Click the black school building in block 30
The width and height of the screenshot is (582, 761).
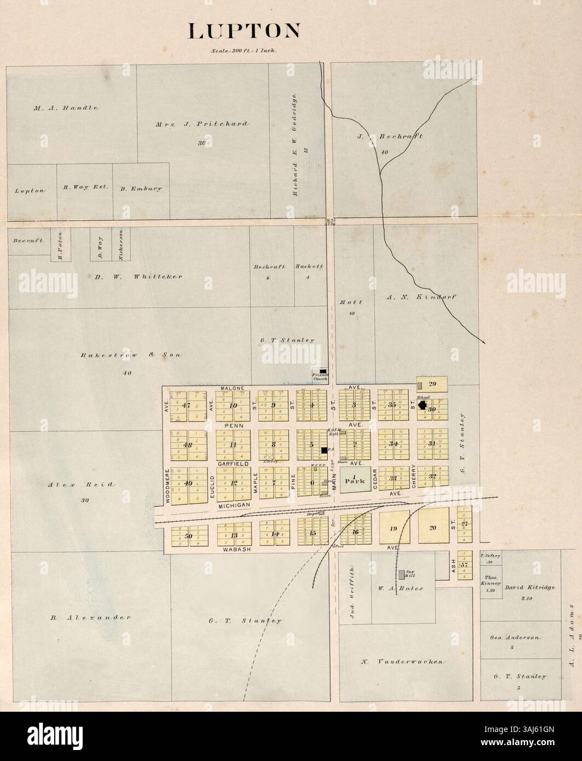[423, 405]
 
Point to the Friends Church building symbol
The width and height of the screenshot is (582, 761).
[323, 371]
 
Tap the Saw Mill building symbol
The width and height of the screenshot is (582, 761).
[402, 574]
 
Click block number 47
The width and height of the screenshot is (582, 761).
[187, 406]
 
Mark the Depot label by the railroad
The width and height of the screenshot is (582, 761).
[314, 513]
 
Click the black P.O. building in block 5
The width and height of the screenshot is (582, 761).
[324, 450]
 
